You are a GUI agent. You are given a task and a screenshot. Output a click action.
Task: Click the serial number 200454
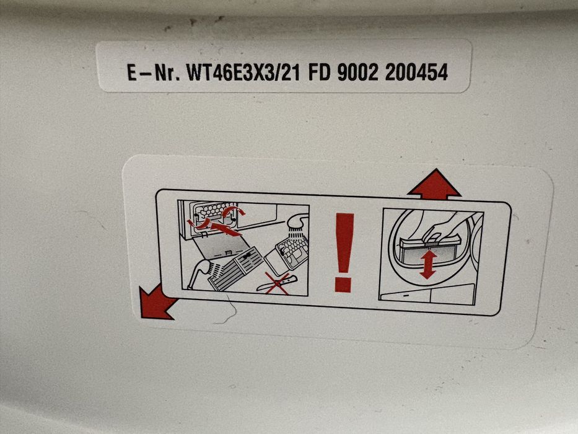[x=416, y=73]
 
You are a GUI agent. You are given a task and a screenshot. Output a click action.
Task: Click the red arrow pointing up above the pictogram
[x=434, y=184]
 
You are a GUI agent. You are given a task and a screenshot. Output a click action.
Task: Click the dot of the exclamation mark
[x=344, y=285]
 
